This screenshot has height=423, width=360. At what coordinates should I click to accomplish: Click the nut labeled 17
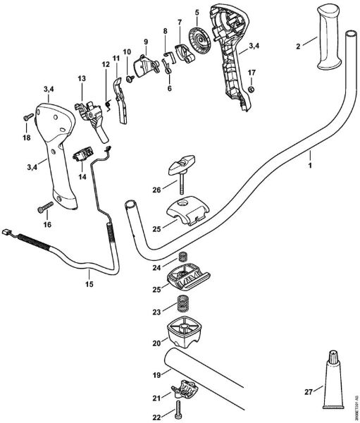pos(251,89)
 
